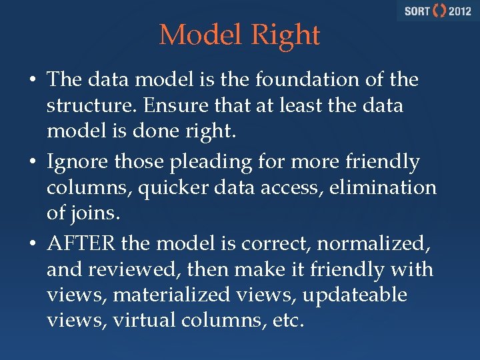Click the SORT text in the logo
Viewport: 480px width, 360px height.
coord(417,11)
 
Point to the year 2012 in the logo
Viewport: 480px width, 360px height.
coord(459,11)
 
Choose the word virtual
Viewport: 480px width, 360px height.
coord(142,321)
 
